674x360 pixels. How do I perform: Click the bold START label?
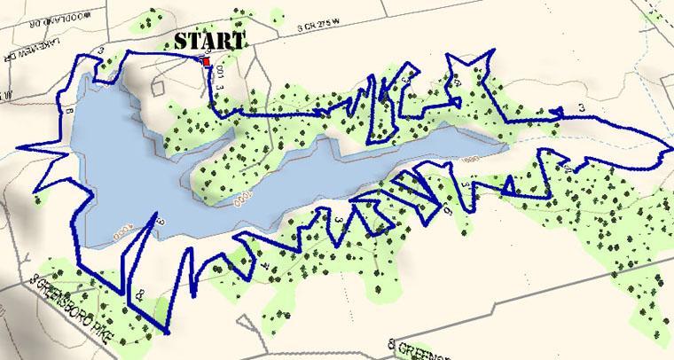[209, 42]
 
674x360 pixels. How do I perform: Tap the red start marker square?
[207, 62]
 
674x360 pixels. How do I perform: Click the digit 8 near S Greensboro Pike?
[143, 293]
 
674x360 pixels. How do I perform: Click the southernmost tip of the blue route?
[167, 335]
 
